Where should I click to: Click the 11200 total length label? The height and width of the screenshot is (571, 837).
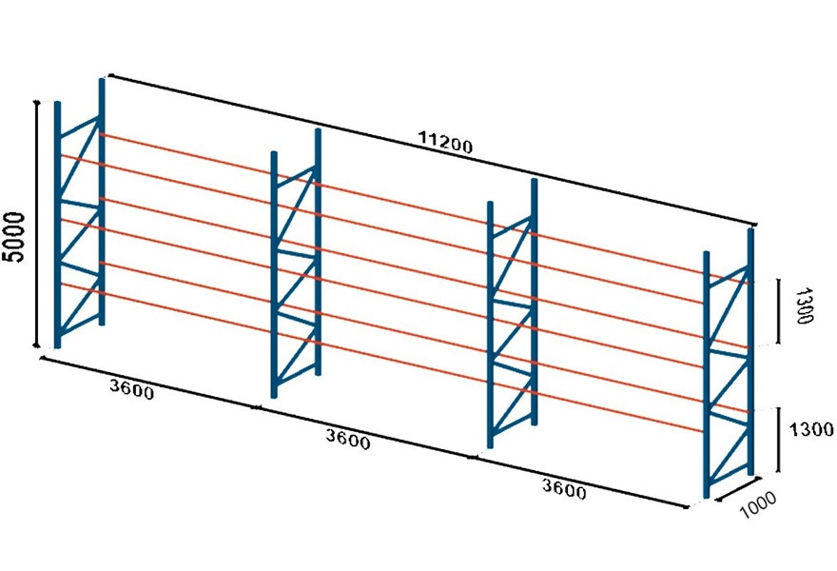(445, 142)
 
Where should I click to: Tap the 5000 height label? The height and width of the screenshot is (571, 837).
(14, 237)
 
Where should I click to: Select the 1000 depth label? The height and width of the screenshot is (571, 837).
(758, 504)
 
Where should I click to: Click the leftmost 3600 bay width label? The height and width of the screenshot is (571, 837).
(132, 389)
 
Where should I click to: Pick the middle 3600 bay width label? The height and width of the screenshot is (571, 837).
(348, 439)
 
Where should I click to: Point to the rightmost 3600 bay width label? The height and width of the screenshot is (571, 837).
(564, 489)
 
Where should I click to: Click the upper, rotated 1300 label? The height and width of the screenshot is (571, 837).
(804, 305)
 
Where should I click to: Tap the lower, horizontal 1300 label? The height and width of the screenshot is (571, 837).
(811, 429)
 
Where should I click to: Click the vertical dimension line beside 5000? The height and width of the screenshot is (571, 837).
(37, 224)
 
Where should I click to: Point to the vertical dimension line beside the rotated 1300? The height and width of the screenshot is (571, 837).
(778, 311)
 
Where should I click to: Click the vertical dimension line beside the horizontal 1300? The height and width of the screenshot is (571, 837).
(779, 440)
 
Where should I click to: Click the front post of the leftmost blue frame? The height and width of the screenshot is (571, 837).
(58, 225)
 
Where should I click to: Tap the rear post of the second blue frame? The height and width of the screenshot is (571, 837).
(318, 251)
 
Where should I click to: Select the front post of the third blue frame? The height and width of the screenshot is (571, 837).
(491, 325)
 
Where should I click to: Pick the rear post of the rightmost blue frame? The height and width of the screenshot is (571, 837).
(750, 351)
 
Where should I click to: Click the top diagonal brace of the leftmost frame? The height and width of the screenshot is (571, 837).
(79, 158)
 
